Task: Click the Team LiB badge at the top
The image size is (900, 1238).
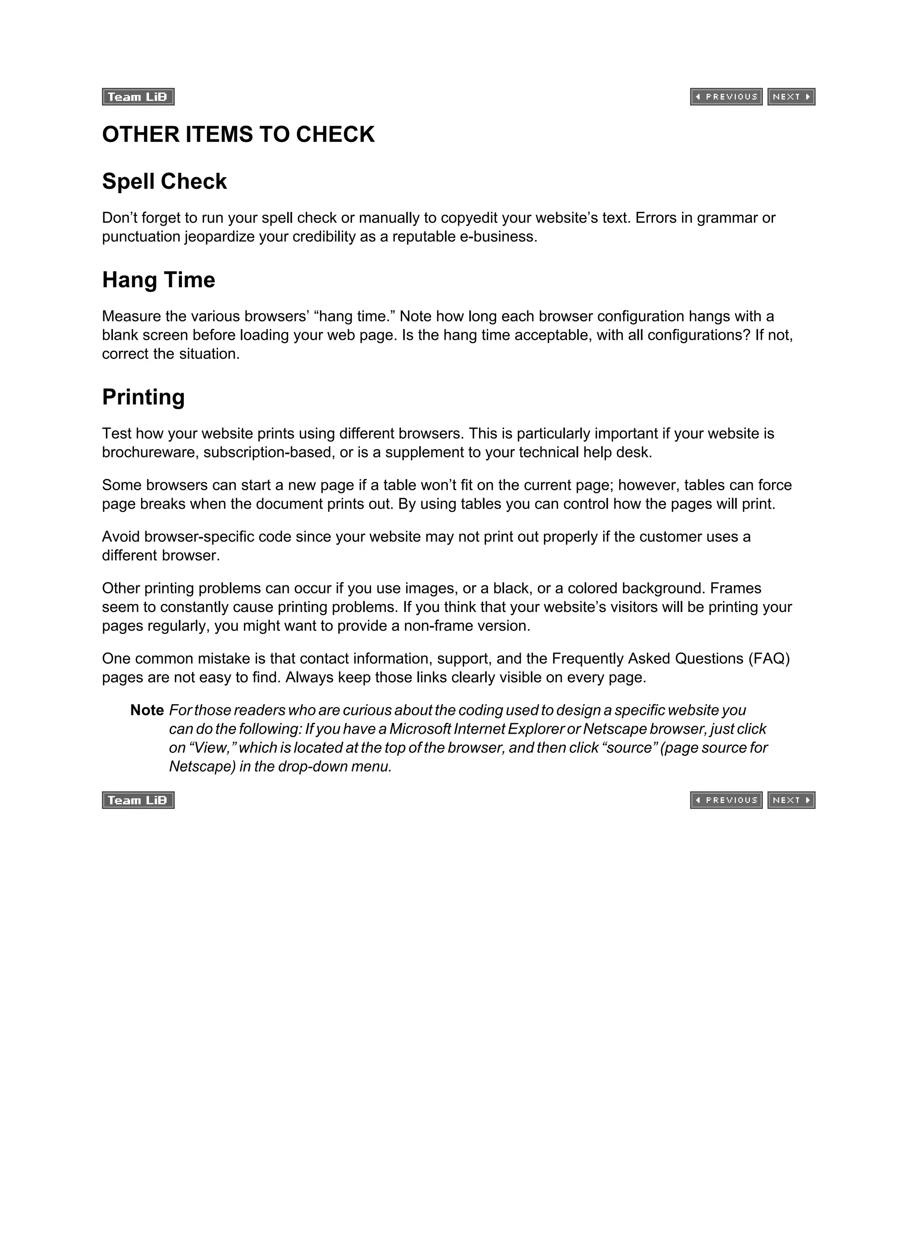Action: tap(138, 97)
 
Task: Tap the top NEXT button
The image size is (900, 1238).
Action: tap(791, 97)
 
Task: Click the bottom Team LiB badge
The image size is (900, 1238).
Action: tap(138, 800)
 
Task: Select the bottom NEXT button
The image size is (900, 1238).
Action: tap(791, 800)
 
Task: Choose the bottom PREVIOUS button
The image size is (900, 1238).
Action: tap(726, 800)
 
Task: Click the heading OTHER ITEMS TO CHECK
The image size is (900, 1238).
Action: tap(239, 134)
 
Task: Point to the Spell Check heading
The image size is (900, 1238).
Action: tap(164, 181)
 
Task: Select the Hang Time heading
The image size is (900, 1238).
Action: tap(158, 280)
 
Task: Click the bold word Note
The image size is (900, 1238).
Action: tap(147, 710)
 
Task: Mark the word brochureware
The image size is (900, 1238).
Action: tap(150, 452)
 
